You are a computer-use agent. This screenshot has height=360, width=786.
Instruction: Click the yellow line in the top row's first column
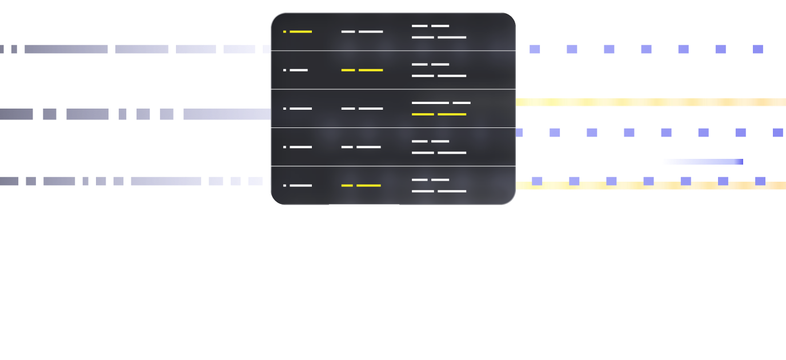click(300, 31)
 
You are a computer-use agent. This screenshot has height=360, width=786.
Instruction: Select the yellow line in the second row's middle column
click(362, 70)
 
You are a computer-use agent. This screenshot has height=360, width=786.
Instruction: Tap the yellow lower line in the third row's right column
click(439, 114)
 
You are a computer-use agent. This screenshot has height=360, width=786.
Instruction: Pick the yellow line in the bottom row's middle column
click(361, 186)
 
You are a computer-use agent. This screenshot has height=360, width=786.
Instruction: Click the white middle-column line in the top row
click(362, 31)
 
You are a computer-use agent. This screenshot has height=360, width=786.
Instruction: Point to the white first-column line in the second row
click(298, 70)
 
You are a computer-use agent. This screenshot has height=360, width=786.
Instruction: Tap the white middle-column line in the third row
click(362, 109)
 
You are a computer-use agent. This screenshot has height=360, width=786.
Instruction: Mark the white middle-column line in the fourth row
click(361, 147)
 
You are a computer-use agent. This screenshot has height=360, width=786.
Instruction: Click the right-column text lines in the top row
click(439, 31)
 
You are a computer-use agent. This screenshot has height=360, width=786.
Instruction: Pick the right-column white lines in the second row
click(439, 70)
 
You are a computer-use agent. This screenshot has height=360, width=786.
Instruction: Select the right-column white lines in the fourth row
click(439, 147)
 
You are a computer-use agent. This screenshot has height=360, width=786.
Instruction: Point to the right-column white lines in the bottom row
click(439, 185)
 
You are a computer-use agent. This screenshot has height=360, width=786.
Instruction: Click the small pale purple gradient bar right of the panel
click(703, 162)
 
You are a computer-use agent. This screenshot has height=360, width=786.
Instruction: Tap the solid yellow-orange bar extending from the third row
click(651, 103)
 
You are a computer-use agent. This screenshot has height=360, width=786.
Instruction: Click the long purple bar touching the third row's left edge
click(227, 114)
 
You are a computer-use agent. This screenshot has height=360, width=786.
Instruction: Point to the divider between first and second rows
click(393, 51)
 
